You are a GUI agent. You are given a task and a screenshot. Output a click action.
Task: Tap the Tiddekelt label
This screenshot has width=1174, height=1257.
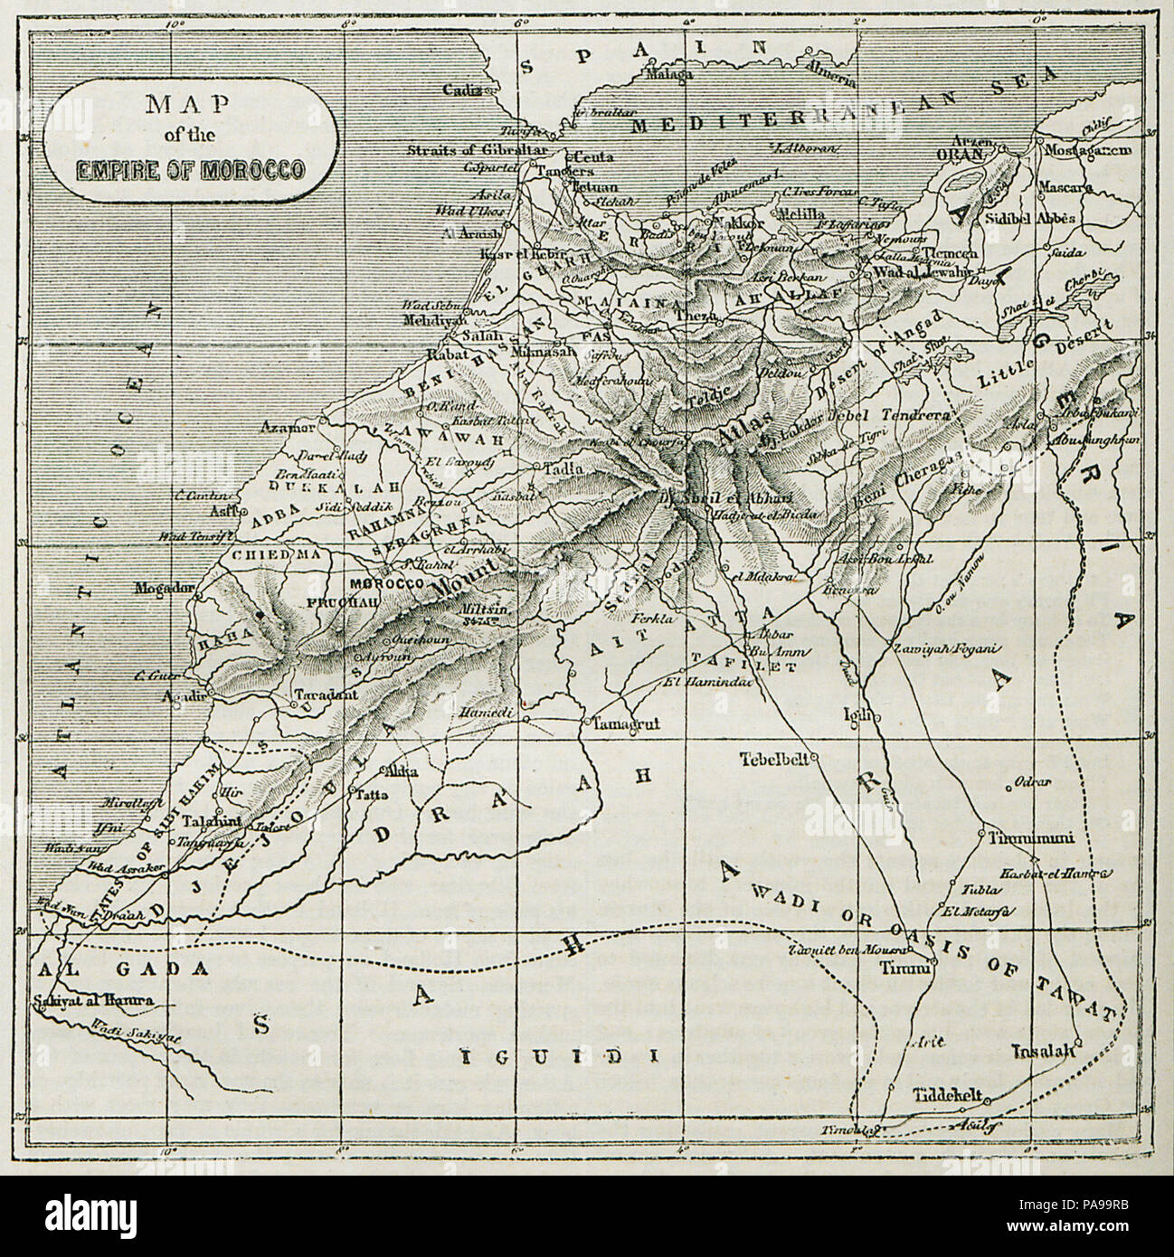click(946, 1091)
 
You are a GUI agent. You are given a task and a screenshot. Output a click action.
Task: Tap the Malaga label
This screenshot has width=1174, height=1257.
click(667, 76)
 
